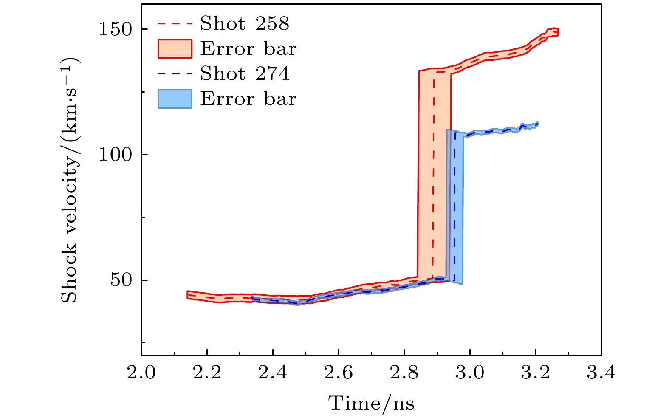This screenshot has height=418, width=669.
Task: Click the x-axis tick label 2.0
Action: click(141, 373)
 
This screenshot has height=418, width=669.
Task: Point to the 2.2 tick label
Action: click(207, 373)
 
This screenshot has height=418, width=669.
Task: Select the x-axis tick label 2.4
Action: click(272, 373)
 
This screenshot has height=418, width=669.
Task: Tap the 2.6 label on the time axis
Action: click(338, 373)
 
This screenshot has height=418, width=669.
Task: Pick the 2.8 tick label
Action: click(404, 373)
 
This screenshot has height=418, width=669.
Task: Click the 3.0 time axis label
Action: click(470, 373)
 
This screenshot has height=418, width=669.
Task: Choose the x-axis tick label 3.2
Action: click(535, 373)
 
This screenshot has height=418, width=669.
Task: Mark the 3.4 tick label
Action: click(601, 373)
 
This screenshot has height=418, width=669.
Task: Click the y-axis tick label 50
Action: click(122, 280)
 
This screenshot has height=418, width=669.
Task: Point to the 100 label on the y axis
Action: click(116, 155)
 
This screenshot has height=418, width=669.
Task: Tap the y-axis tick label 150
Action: click(116, 29)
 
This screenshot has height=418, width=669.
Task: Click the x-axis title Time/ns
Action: click(371, 403)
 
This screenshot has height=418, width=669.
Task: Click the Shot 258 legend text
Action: click(245, 24)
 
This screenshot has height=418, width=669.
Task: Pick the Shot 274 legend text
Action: click(245, 74)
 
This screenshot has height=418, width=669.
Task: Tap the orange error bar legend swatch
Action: click(175, 49)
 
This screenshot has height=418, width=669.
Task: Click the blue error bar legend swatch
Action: click(175, 99)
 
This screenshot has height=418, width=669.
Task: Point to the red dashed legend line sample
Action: click(175, 24)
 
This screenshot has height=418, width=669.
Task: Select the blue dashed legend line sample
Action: click(175, 74)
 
